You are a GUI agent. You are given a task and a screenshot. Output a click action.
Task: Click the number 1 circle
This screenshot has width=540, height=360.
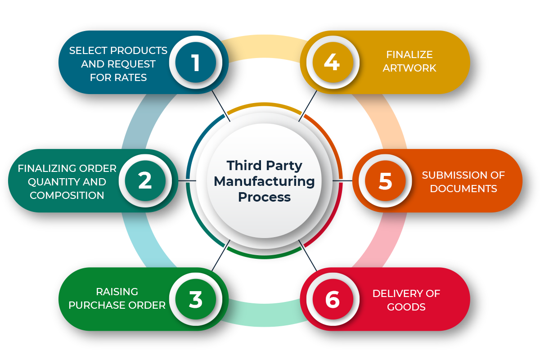[196, 63]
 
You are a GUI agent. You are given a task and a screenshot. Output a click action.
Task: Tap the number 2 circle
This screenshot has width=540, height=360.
[145, 181]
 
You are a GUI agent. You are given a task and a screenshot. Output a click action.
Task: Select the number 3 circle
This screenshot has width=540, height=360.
[196, 299]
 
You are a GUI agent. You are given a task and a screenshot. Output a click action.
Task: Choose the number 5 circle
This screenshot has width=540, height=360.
[385, 181]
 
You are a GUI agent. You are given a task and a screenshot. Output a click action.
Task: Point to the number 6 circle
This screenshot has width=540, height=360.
[332, 299]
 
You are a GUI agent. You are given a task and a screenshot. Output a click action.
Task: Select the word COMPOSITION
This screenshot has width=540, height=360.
[67, 195]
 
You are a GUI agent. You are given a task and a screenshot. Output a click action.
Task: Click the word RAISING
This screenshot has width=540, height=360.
[117, 292]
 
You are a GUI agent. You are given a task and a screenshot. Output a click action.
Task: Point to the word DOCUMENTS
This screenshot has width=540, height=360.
[463, 189]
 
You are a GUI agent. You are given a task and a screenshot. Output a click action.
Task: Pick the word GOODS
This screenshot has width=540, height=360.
[406, 307]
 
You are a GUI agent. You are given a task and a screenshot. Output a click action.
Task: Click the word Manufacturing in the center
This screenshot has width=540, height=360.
[264, 181]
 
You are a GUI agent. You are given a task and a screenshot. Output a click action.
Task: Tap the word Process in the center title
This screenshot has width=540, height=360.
[264, 197]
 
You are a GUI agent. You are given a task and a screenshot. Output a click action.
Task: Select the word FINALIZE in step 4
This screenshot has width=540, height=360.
[409, 55]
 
